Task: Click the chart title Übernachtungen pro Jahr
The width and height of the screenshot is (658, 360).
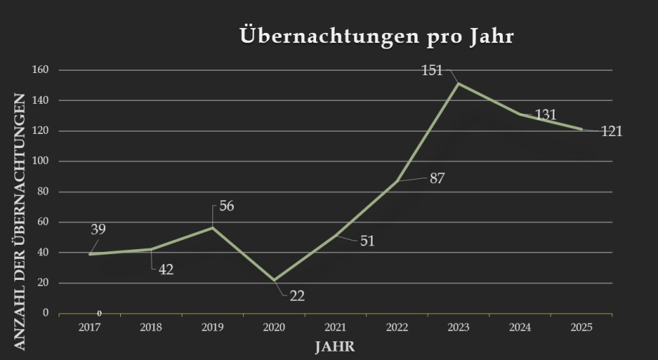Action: coord(377,37)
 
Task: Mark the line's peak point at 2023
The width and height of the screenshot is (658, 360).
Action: coord(458,84)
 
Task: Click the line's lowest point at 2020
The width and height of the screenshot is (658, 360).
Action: coord(274,280)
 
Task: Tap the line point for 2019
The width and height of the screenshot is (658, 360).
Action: coord(212,228)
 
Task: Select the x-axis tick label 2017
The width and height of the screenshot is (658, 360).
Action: coord(89,327)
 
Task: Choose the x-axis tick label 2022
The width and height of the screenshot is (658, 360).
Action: coord(397,327)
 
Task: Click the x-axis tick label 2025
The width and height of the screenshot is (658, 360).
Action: coord(581,327)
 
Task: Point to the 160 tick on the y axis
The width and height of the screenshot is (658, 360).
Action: coord(40,70)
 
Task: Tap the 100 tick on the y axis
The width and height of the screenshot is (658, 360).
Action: coord(40,161)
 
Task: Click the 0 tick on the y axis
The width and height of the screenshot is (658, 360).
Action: coord(45,313)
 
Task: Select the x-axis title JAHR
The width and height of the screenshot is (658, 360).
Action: coord(335,346)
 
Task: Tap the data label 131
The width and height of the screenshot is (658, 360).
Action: coord(545,115)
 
